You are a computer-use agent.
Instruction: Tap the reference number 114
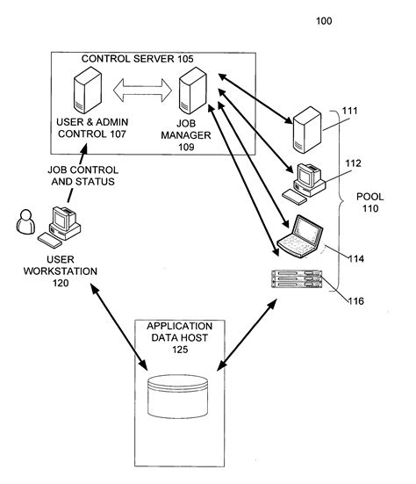[355, 259]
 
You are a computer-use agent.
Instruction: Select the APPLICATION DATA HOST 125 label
[179, 337]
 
